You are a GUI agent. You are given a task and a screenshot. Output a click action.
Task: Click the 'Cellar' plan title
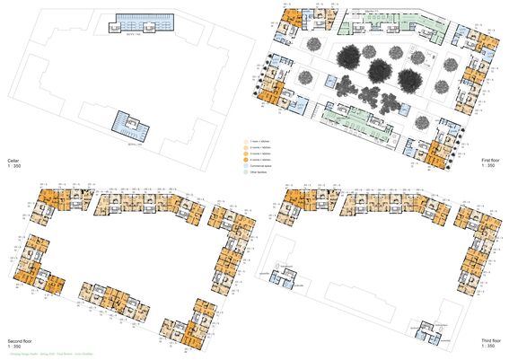[x=13, y=159]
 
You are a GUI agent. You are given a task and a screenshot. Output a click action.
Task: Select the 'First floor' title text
[x=491, y=160]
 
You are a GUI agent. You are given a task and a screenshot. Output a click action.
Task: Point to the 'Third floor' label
[x=490, y=342]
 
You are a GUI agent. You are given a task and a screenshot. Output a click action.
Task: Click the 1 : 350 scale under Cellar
[x=15, y=166]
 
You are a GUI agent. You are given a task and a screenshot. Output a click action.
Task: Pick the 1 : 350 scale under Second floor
[x=15, y=349]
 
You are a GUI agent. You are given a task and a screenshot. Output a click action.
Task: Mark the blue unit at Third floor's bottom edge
[x=429, y=331]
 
